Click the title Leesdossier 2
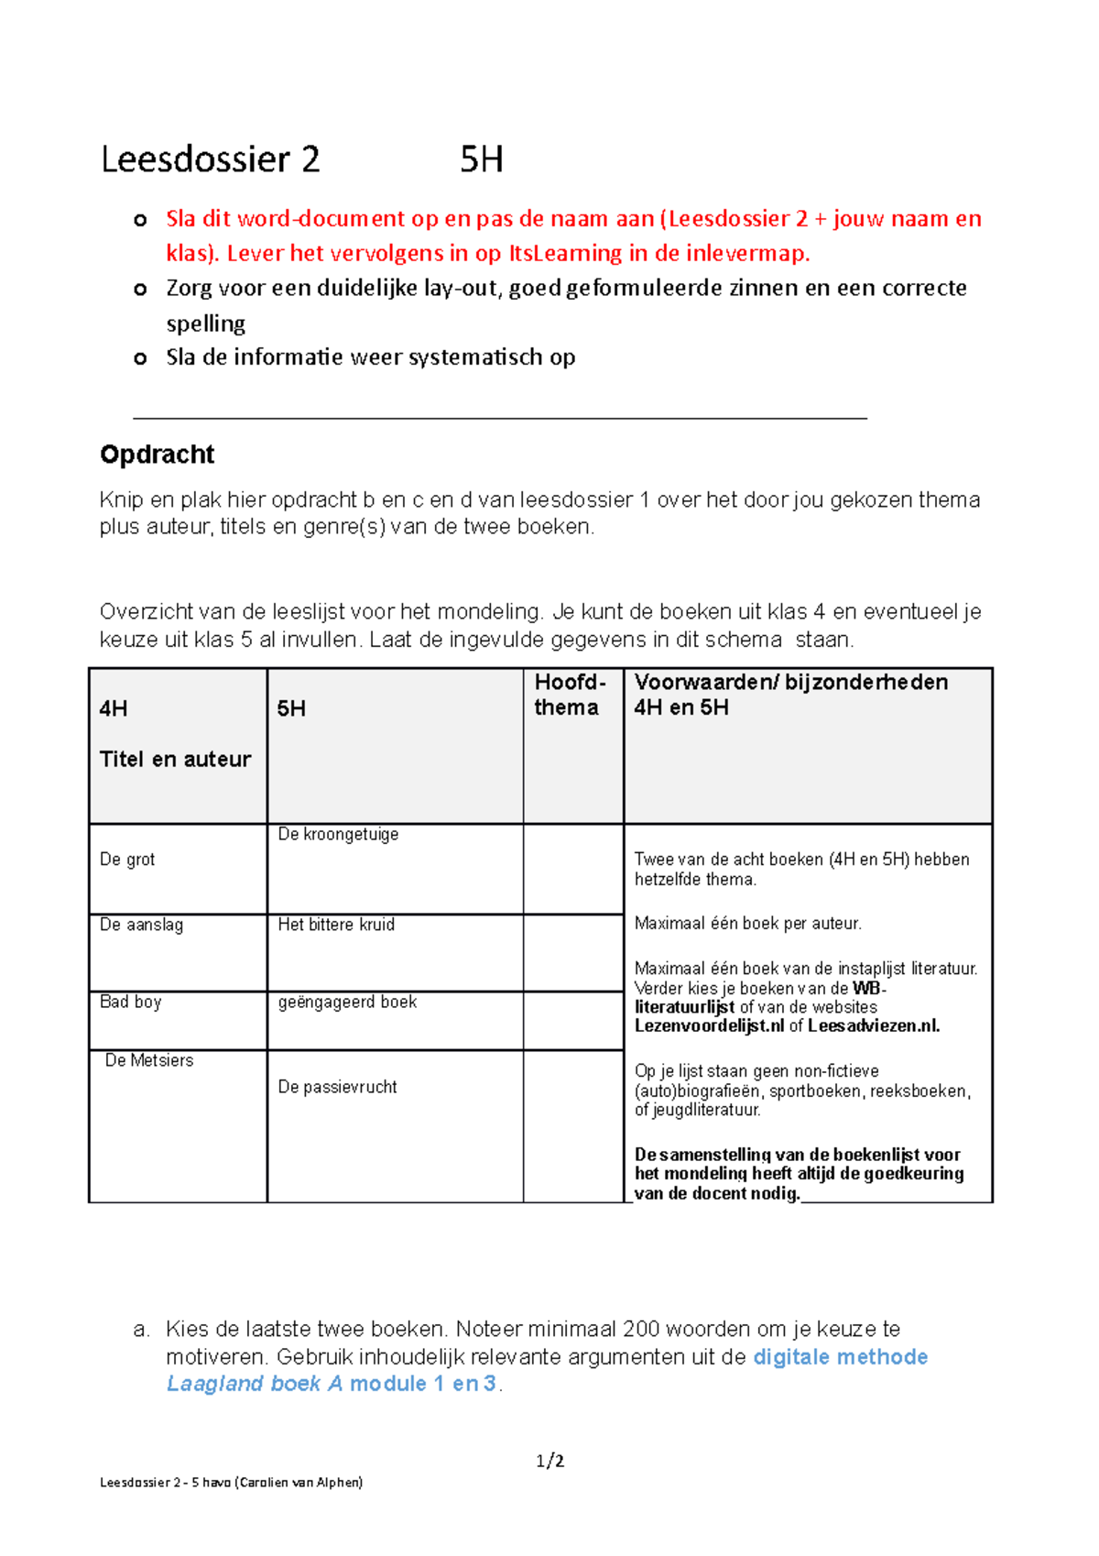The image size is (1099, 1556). click(x=210, y=159)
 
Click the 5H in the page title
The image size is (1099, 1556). click(x=481, y=159)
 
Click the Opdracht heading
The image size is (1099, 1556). click(x=157, y=455)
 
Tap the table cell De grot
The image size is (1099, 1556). click(x=127, y=860)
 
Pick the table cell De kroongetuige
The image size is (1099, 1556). click(x=338, y=835)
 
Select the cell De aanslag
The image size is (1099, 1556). click(x=141, y=925)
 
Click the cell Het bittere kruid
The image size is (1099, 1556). click(x=336, y=925)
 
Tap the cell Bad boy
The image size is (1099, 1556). click(x=130, y=1002)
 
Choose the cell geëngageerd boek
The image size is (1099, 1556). click(x=347, y=1002)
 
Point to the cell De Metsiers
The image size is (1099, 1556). click(x=149, y=1060)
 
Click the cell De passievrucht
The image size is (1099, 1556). click(x=337, y=1087)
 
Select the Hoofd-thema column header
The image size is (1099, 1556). click(x=570, y=695)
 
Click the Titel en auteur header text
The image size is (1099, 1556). click(x=175, y=759)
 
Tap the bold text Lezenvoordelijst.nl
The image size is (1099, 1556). click(x=709, y=1026)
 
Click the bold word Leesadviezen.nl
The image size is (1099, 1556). click(x=874, y=1026)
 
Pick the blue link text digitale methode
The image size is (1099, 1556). click(x=840, y=1357)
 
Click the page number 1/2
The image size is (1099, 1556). click(x=549, y=1461)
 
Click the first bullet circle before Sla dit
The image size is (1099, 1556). click(x=140, y=220)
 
